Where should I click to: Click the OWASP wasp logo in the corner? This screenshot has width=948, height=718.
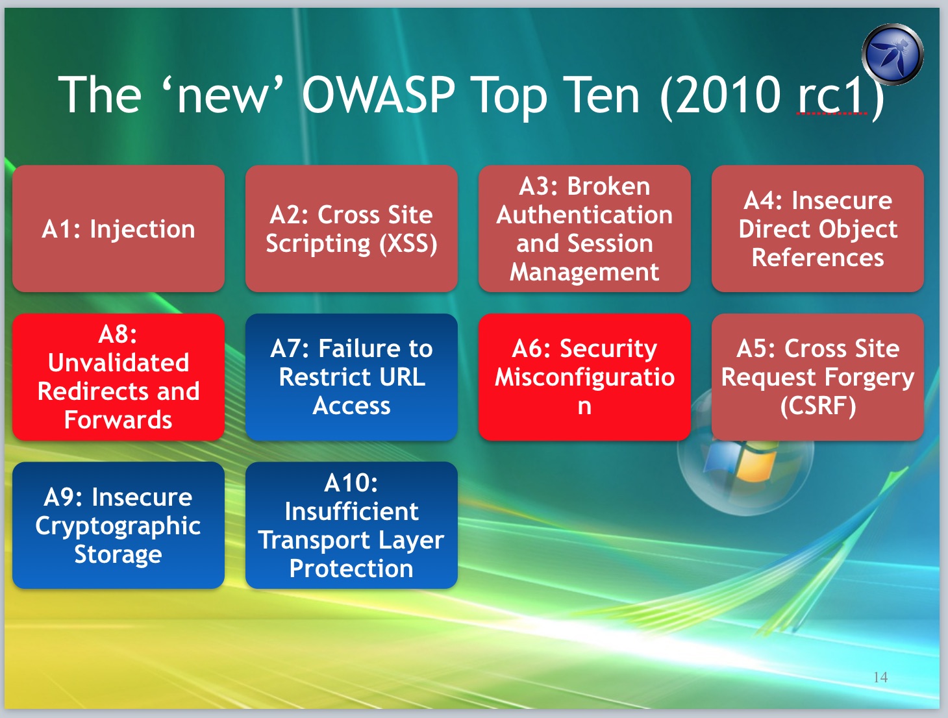[893, 55]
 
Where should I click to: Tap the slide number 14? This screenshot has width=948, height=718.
[880, 677]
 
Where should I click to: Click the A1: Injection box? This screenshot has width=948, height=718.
[118, 229]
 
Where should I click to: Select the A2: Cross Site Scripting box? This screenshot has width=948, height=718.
[351, 229]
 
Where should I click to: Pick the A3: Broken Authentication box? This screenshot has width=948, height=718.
[585, 229]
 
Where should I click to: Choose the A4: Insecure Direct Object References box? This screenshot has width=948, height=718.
[817, 229]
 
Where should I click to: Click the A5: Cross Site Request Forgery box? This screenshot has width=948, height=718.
[817, 377]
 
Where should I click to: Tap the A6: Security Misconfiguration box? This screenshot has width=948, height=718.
[585, 377]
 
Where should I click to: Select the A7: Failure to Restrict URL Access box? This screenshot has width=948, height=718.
[351, 377]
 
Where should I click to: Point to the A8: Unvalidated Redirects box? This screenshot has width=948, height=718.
[118, 377]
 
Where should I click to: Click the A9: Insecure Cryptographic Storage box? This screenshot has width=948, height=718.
[118, 525]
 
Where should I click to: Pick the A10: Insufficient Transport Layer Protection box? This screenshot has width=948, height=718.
[351, 525]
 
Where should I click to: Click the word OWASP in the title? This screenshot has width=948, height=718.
[379, 94]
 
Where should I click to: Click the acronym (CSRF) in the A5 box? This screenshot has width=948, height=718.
[818, 406]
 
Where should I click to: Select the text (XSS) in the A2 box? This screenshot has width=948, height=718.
[408, 244]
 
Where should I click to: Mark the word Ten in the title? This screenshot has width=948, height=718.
[604, 94]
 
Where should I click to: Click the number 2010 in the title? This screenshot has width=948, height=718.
[728, 94]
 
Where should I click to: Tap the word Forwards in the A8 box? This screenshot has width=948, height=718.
[118, 419]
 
